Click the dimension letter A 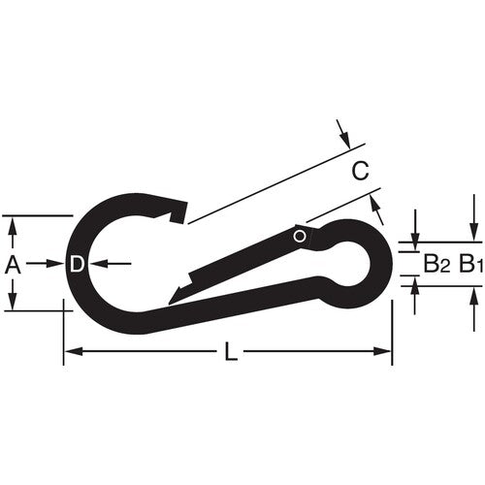point(13,264)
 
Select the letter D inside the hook point(77,264)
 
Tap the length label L point(231,354)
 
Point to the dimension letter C point(360,173)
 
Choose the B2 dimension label point(435,263)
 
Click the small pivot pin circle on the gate point(300,235)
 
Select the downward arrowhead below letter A point(13,304)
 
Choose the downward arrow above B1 point(473,234)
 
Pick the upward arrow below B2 point(414,285)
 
